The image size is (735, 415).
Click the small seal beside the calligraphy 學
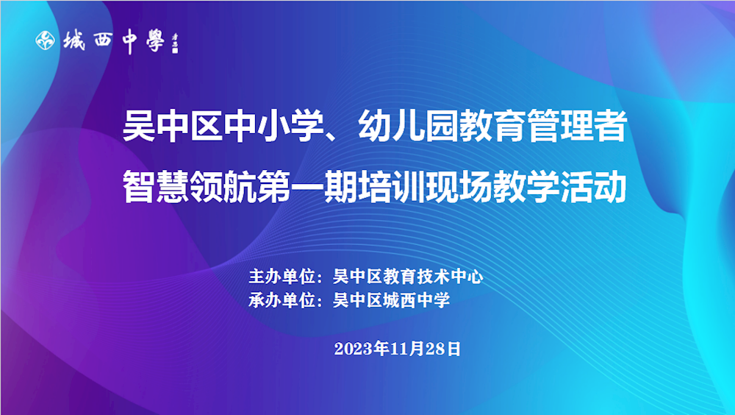[x=175, y=43]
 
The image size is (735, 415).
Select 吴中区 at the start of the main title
[x=172, y=126]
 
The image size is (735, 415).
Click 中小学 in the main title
[x=273, y=126]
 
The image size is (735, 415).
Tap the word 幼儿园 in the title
[x=408, y=126]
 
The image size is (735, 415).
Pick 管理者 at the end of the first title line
[x=577, y=126]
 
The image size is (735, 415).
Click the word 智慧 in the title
[x=156, y=187]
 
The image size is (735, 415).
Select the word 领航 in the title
[x=223, y=187]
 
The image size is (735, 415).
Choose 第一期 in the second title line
[x=307, y=187]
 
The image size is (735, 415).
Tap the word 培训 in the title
[x=392, y=187]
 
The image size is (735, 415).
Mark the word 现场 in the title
[x=459, y=187]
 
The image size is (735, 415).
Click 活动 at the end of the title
[x=593, y=187]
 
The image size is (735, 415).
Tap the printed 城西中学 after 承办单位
[x=416, y=300]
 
